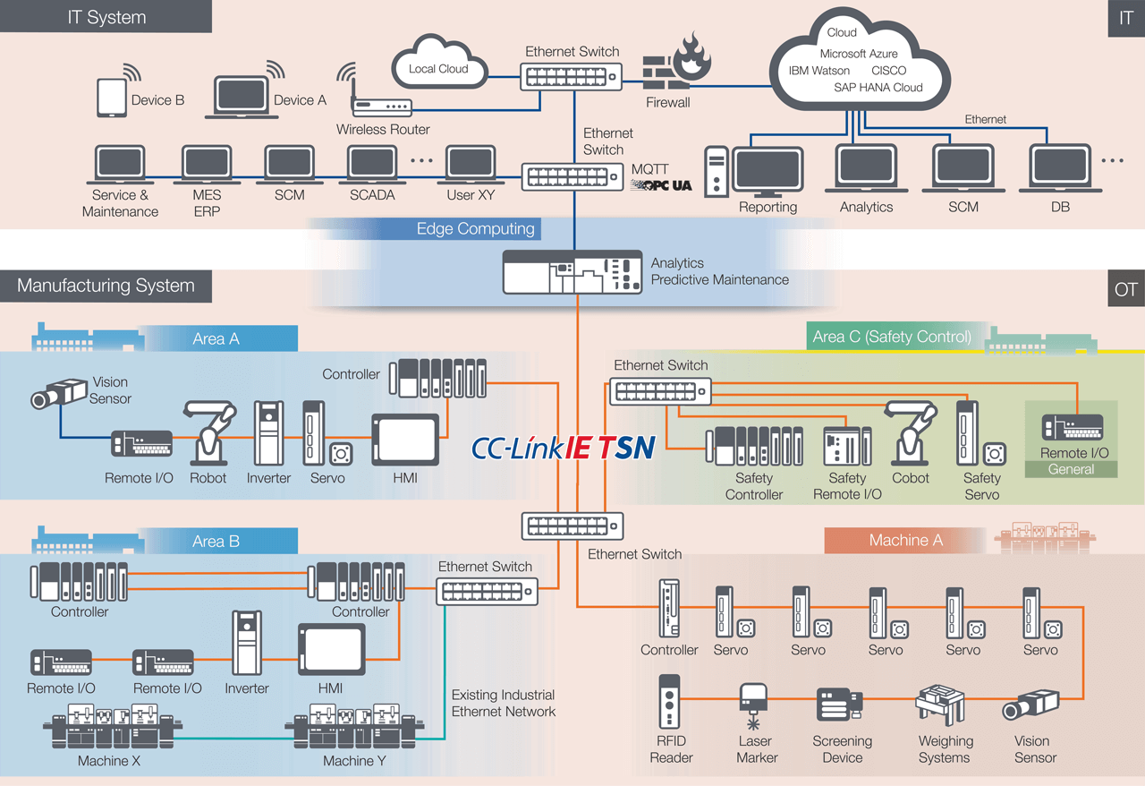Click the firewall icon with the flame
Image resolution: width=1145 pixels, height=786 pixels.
[x=676, y=63]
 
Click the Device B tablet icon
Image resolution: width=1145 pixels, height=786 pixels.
[x=111, y=98]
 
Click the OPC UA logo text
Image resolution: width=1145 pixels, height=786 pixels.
[x=661, y=185]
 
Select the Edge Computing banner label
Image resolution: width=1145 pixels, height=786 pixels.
[x=475, y=229]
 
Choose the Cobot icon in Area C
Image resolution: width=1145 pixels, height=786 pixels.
[x=911, y=433]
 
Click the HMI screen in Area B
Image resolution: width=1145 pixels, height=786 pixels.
[x=331, y=649]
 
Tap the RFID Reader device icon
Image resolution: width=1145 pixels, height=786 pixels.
[x=671, y=703]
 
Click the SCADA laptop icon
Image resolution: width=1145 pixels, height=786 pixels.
[x=372, y=166]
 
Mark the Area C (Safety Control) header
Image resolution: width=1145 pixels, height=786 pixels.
[x=891, y=337]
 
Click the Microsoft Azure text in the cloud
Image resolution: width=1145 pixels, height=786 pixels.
[x=858, y=54]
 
